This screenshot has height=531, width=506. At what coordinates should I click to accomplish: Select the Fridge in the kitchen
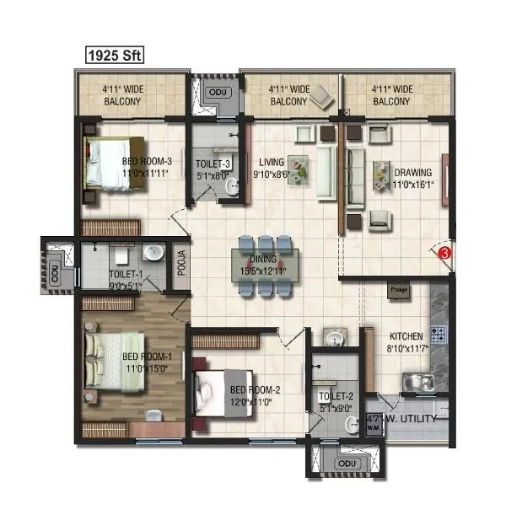coord(398,291)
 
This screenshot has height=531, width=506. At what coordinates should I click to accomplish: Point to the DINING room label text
coord(266,266)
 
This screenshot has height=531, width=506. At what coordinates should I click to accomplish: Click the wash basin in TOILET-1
coord(153,253)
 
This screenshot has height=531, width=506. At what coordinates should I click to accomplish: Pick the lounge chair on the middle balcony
coord(318,100)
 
